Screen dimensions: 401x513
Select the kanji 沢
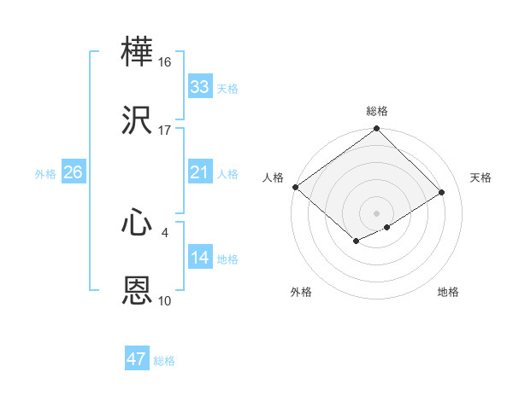click(x=138, y=120)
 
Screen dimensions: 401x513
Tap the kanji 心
click(x=138, y=224)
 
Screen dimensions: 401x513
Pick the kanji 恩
click(x=138, y=291)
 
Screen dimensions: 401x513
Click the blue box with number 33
click(x=199, y=87)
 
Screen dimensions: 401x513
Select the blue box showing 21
click(x=199, y=172)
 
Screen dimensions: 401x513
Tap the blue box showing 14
click(x=199, y=258)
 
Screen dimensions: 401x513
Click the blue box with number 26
click(x=73, y=172)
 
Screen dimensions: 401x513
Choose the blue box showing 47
click(x=137, y=359)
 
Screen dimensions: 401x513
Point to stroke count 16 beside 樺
click(x=165, y=62)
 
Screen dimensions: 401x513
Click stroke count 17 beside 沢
click(x=165, y=131)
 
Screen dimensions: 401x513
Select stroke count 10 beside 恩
click(x=165, y=301)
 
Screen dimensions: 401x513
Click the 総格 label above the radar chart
click(x=377, y=111)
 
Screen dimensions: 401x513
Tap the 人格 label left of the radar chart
click(x=273, y=177)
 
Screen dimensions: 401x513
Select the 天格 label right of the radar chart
click(x=481, y=177)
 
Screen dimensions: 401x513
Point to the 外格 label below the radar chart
click(x=301, y=293)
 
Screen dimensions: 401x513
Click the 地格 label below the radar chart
click(x=448, y=293)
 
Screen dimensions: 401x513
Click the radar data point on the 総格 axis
click(x=377, y=130)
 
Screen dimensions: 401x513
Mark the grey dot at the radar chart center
click(x=377, y=212)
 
